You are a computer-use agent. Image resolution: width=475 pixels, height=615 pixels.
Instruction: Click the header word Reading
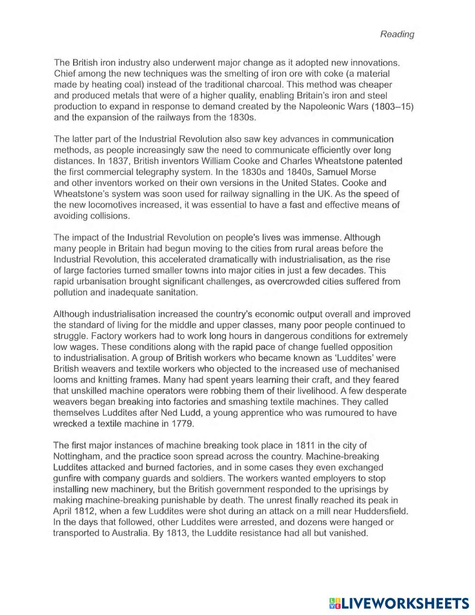point(397,34)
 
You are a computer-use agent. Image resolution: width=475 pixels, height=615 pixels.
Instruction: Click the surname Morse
point(364,172)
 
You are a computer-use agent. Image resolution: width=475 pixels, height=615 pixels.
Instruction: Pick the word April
point(62,511)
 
